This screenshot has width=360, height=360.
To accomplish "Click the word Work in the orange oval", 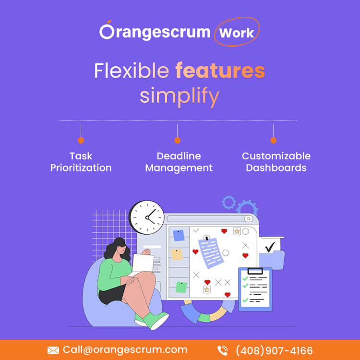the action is (237, 33).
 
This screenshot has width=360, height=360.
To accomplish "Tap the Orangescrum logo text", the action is (155, 31).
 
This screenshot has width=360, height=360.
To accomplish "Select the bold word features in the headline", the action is (220, 70).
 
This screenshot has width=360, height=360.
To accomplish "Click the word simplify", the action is (180, 96).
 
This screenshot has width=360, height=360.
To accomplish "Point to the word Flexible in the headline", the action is (132, 71).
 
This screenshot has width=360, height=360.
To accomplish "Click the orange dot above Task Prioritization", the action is (81, 141).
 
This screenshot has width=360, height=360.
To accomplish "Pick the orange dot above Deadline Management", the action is (177, 141).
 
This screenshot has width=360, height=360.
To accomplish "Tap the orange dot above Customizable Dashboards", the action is (273, 141).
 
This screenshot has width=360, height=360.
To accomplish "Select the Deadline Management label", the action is (179, 162).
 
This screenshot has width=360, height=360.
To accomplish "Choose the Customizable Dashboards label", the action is (276, 162).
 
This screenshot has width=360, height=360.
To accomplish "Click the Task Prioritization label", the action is (81, 162).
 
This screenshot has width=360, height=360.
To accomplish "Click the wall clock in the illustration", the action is (147, 217).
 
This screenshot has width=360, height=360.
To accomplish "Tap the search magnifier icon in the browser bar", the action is (249, 218).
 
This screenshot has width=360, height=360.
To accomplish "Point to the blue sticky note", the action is (179, 235).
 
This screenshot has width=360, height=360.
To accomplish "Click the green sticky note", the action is (181, 287).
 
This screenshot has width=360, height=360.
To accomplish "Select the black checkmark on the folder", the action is (270, 247).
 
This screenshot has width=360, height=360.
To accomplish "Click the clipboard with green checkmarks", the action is (255, 289).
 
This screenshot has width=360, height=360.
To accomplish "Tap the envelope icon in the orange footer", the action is (53, 350).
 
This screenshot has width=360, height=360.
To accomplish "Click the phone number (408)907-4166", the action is (274, 350).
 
